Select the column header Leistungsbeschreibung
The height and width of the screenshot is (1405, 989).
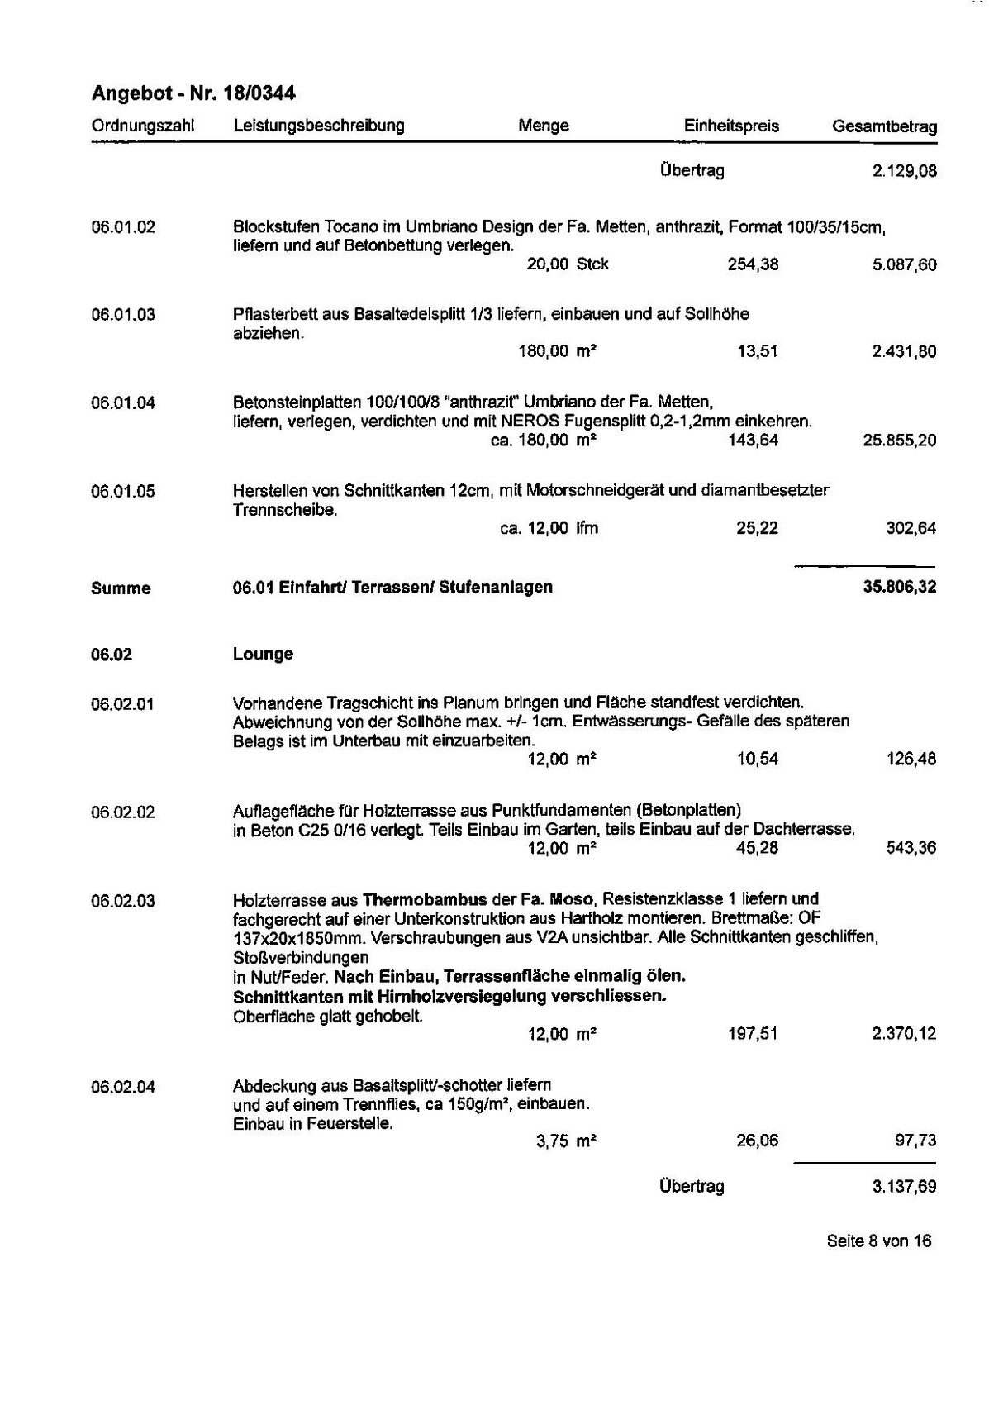[x=319, y=126]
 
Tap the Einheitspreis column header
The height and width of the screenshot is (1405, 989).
[x=731, y=126]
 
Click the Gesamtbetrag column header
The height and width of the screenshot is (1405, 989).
[x=884, y=127]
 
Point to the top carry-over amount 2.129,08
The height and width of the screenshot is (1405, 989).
[x=904, y=172]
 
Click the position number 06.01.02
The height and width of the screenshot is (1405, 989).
[x=123, y=226]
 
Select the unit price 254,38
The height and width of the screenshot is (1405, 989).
[x=753, y=264]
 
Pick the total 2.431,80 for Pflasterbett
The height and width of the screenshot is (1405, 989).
[x=904, y=352]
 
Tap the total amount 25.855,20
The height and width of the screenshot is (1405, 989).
[x=900, y=441]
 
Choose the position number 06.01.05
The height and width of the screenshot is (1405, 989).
[x=123, y=492]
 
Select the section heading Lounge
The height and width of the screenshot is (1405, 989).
[x=263, y=655]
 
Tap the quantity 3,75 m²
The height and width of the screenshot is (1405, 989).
[x=566, y=1141]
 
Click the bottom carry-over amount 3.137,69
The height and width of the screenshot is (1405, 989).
[x=904, y=1187]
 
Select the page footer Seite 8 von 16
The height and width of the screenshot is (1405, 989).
[x=878, y=1241]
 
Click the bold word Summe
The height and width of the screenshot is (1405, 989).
[x=121, y=588]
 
